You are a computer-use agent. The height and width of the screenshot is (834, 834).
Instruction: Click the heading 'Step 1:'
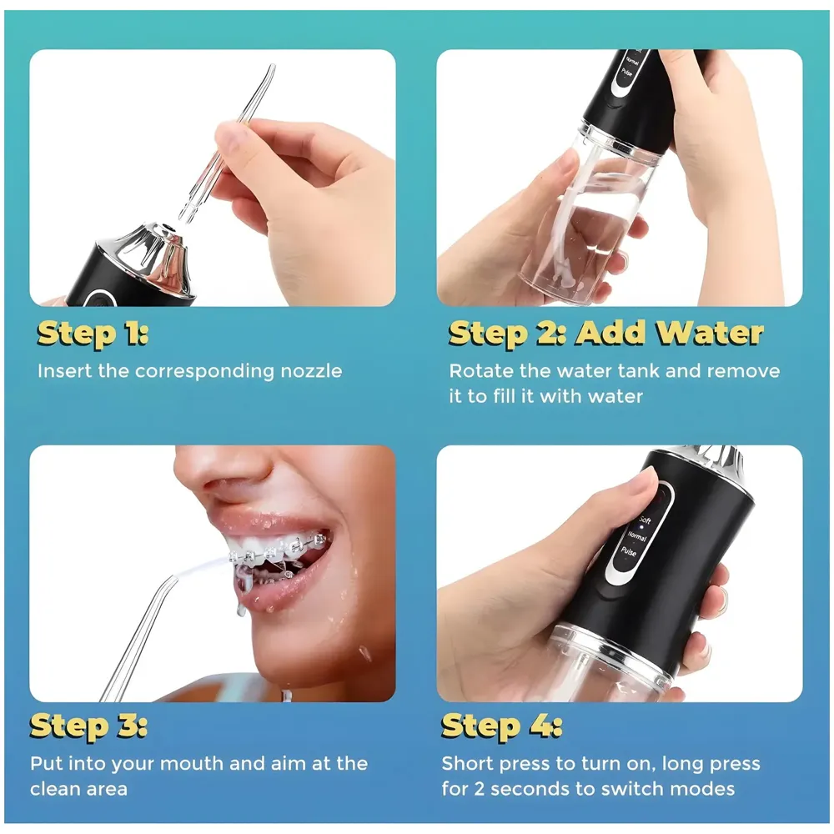(x=93, y=333)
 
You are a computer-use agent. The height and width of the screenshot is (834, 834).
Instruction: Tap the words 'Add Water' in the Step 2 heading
(x=670, y=333)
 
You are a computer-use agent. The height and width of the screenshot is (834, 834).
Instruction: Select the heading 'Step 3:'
(x=89, y=725)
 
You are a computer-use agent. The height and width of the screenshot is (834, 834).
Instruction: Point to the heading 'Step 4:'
(x=501, y=725)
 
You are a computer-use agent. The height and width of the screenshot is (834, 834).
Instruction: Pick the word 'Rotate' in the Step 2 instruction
(x=480, y=371)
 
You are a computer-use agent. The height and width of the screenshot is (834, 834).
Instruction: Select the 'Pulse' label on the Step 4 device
(x=628, y=551)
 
